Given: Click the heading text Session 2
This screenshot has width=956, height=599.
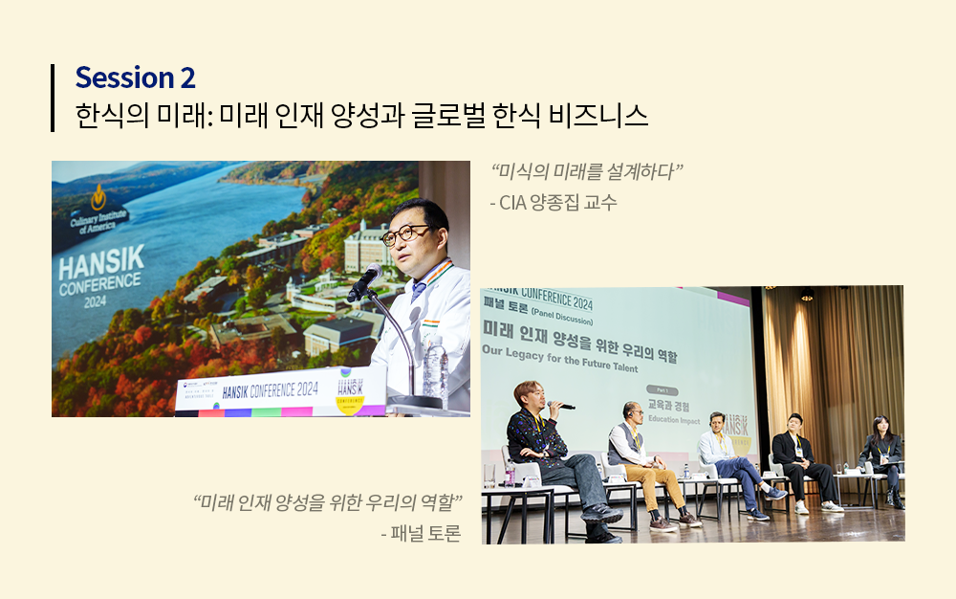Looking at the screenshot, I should click(135, 78).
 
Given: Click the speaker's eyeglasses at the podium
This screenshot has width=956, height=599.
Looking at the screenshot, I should click(405, 233).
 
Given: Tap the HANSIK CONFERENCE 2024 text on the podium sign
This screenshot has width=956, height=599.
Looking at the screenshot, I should click(271, 389).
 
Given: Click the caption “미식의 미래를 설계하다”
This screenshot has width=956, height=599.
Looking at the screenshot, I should click(587, 173).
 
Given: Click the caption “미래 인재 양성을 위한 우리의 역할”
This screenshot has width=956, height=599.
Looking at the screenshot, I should click(328, 502).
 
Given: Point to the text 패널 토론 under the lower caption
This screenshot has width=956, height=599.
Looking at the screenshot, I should click(420, 533).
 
